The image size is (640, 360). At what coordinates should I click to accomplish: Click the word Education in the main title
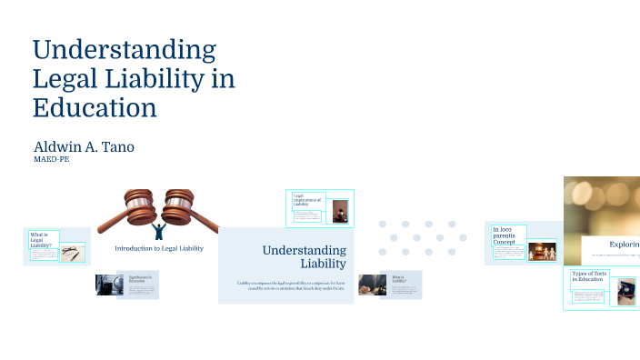click(95, 107)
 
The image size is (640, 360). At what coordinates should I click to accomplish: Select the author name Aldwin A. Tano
click(84, 146)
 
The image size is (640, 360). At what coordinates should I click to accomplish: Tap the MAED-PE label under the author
click(51, 160)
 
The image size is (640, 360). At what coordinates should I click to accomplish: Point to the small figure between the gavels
click(160, 228)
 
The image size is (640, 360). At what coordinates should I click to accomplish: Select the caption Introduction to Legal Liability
click(159, 247)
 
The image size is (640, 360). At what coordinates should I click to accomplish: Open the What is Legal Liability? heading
click(42, 239)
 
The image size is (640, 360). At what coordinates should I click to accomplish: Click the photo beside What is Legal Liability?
click(72, 254)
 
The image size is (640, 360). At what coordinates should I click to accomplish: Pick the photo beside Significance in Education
click(111, 285)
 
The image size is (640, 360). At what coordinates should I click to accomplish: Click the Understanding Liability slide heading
click(305, 256)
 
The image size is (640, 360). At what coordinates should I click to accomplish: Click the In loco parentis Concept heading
click(505, 235)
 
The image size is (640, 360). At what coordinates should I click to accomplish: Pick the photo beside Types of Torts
click(626, 291)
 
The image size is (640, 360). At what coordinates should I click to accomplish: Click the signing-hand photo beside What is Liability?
click(373, 284)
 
